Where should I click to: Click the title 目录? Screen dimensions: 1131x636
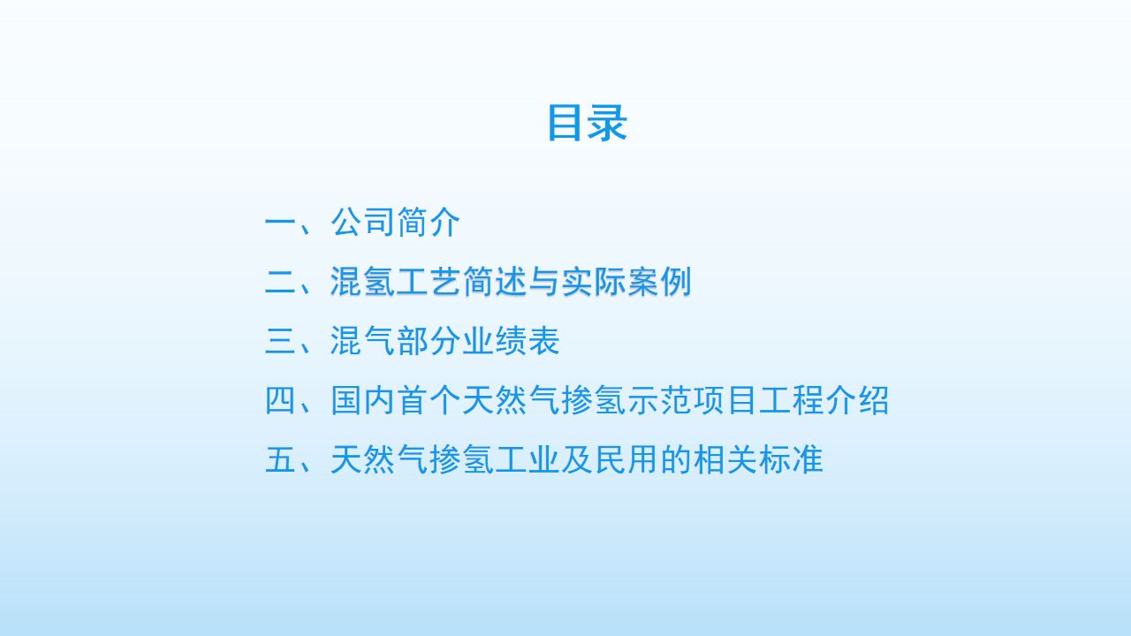pyautogui.click(x=588, y=123)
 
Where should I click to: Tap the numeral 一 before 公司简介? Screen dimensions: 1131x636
pyautogui.click(x=280, y=222)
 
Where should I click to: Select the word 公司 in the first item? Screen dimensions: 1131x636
pyautogui.click(x=362, y=222)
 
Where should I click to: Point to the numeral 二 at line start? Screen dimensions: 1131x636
pyautogui.click(x=280, y=282)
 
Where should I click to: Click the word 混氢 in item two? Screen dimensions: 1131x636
pyautogui.click(x=362, y=282)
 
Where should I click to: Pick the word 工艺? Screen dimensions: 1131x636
pyautogui.click(x=429, y=282)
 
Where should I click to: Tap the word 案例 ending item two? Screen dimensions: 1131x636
pyautogui.click(x=659, y=282)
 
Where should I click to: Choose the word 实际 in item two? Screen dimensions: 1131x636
pyautogui.click(x=593, y=282)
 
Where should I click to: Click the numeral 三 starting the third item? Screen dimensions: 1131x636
pyautogui.click(x=280, y=341)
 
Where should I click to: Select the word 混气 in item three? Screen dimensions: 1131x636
pyautogui.click(x=362, y=341)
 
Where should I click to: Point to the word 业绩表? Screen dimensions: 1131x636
pyautogui.click(x=511, y=341)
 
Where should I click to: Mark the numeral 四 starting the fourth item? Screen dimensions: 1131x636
pyautogui.click(x=280, y=400)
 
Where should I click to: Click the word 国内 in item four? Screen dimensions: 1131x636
pyautogui.click(x=362, y=400)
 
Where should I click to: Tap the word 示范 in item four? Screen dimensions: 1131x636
pyautogui.click(x=659, y=400)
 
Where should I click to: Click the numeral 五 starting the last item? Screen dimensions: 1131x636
pyautogui.click(x=280, y=460)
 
